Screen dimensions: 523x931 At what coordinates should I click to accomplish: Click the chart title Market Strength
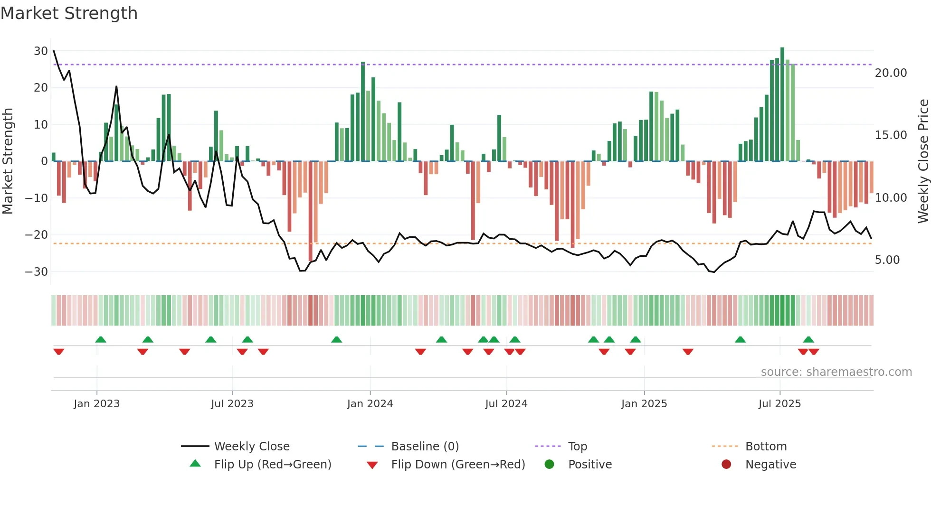[69, 13]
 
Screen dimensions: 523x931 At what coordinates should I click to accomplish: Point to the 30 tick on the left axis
[41, 51]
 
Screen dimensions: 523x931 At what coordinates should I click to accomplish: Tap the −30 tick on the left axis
[37, 272]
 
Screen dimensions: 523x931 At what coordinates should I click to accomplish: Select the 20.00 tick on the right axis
[891, 73]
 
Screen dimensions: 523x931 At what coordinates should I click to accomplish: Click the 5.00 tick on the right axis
[887, 260]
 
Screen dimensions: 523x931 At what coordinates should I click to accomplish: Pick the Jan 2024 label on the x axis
[370, 404]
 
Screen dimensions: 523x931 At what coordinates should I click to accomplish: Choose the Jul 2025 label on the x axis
[779, 404]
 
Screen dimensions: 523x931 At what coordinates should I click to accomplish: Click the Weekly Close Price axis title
[923, 161]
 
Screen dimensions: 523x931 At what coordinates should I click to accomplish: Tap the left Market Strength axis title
[8, 161]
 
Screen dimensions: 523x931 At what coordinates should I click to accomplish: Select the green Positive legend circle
[550, 465]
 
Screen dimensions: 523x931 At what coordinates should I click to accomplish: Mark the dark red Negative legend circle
[726, 465]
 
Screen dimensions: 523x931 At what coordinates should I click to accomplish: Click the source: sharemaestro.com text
[836, 372]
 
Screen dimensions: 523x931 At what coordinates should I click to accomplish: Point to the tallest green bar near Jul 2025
[782, 104]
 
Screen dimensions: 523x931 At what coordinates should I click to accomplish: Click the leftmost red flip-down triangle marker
[59, 352]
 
